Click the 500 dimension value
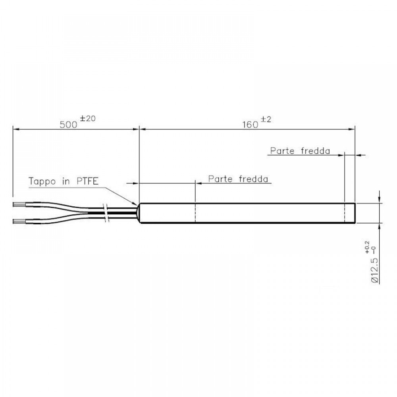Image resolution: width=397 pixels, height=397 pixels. pyautogui.click(x=68, y=124)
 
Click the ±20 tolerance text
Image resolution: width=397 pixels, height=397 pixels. pyautogui.click(x=88, y=119)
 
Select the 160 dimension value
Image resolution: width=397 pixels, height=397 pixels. pyautogui.click(x=250, y=124)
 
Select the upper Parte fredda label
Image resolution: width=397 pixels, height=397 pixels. pyautogui.click(x=300, y=151)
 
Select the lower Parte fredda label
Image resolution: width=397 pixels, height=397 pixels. pyautogui.click(x=238, y=179)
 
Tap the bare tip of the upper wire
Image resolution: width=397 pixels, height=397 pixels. pyautogui.click(x=18, y=205)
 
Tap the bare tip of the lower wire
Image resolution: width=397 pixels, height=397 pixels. pyautogui.click(x=18, y=221)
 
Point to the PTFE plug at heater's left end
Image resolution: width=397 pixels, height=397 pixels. pyautogui.click(x=139, y=213)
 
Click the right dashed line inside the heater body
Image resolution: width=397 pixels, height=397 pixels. pyautogui.click(x=345, y=213)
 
